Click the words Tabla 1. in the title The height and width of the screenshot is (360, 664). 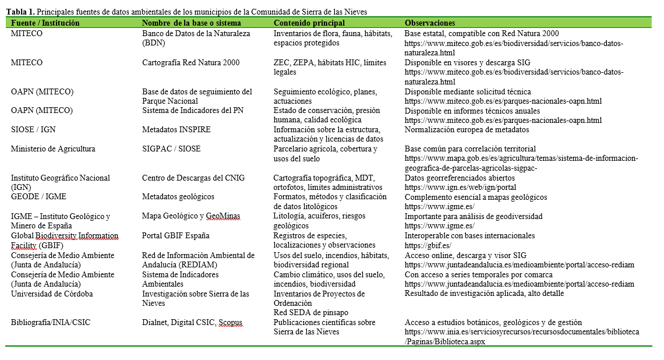[17, 12]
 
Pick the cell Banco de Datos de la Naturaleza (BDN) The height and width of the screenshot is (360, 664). [196, 38]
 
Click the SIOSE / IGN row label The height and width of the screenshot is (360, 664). [33, 130]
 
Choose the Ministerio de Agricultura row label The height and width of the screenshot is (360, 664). [52, 149]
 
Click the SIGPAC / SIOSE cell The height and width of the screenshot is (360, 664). [171, 149]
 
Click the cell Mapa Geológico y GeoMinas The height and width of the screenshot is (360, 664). [191, 216]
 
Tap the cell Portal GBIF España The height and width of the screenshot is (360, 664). [176, 236]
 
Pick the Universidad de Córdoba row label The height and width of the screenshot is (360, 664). [52, 294]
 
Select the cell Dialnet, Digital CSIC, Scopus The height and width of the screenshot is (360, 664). [192, 322]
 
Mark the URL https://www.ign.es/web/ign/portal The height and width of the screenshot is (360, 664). [460, 188]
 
